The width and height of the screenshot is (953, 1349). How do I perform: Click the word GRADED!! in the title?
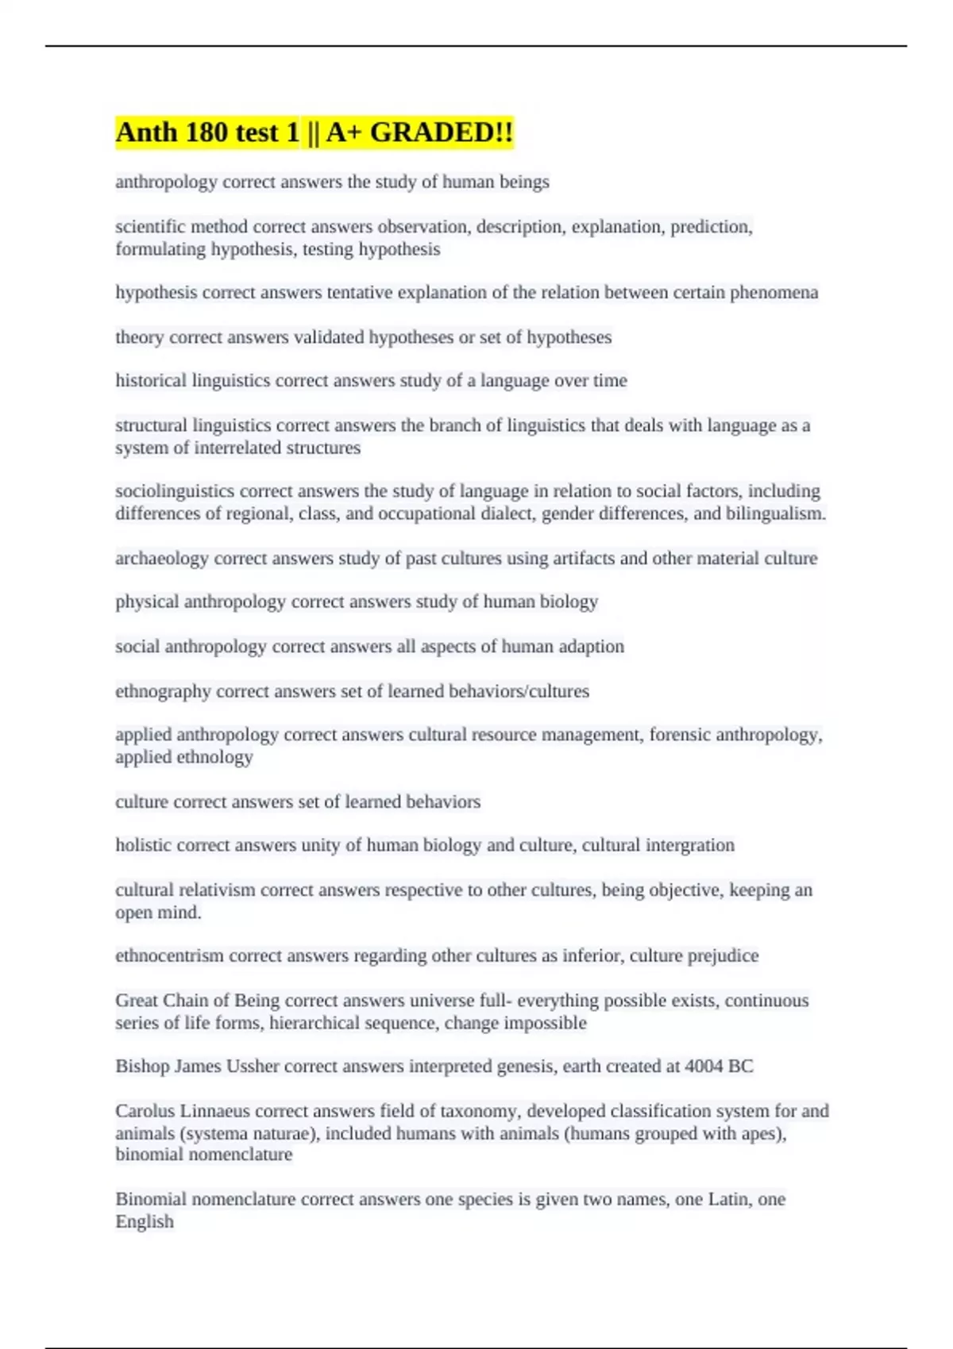[442, 133]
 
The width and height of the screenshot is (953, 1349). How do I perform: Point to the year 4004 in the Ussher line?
[704, 1067]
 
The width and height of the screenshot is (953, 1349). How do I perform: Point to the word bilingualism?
[775, 513]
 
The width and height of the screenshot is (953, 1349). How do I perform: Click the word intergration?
[690, 845]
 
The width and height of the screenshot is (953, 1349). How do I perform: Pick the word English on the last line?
[145, 1221]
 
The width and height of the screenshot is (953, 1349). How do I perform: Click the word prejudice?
[723, 955]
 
